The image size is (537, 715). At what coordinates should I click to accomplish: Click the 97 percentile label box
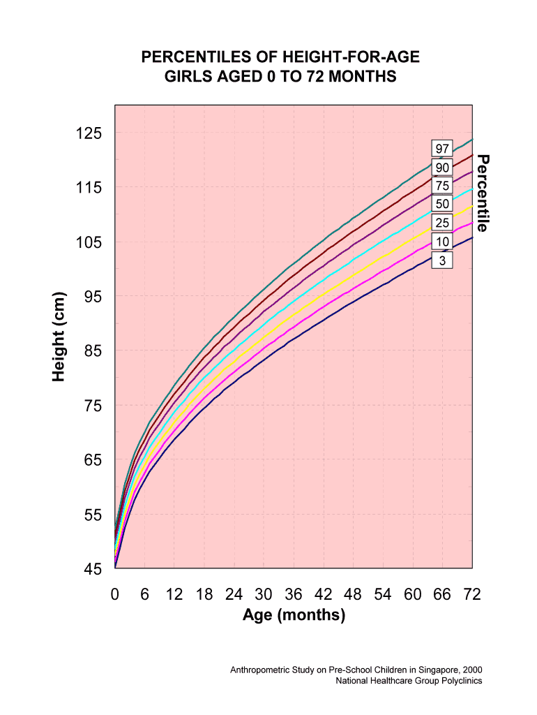pos(442,149)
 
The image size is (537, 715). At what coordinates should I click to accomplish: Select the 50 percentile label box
pos(442,204)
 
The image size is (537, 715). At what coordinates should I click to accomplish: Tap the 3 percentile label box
pos(442,260)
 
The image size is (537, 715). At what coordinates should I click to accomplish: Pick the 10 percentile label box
pos(442,242)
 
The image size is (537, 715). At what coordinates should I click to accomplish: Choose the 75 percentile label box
pos(442,186)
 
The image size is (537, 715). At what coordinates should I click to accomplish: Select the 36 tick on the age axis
pos(294,595)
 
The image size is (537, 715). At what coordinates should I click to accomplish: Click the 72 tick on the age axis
pos(472,595)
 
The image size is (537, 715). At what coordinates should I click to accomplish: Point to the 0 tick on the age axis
pos(115,595)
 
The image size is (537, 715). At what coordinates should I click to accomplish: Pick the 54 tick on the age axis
pos(383,595)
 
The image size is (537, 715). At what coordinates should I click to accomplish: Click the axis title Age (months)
pos(294,616)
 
